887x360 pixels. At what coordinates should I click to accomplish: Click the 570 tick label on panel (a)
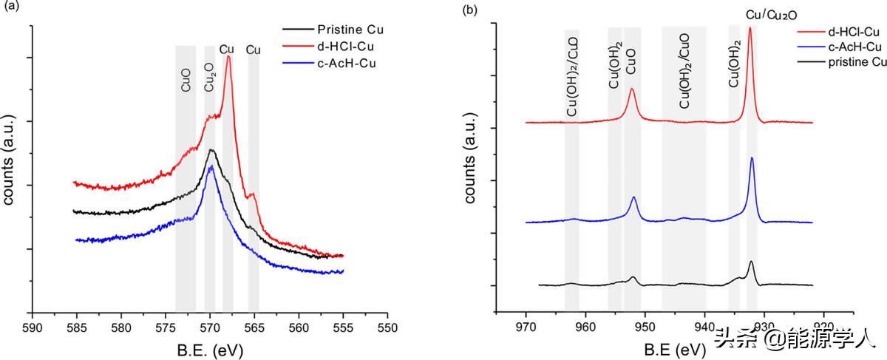[210, 327]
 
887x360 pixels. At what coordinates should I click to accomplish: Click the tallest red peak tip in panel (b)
[750, 28]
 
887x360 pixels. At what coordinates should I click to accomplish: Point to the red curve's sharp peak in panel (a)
[228, 57]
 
